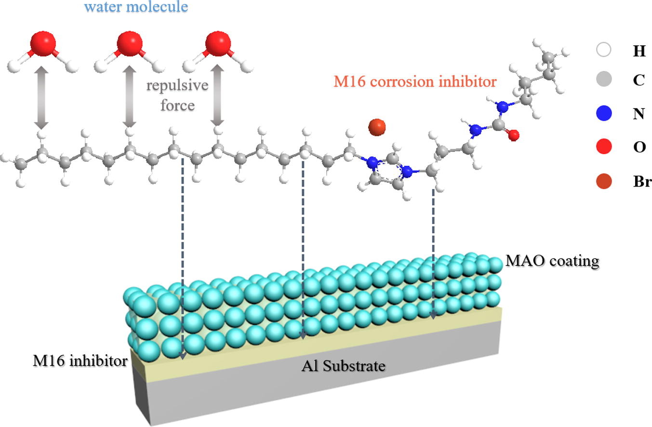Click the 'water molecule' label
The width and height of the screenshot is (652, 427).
(136, 7)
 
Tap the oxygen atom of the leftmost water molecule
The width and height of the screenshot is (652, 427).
(43, 44)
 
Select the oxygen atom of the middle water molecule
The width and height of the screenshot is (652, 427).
(130, 44)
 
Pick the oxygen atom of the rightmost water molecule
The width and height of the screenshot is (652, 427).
(218, 44)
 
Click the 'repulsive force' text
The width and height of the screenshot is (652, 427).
(177, 95)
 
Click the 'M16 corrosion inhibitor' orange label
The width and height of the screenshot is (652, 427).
(415, 81)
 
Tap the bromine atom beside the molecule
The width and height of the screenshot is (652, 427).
(377, 127)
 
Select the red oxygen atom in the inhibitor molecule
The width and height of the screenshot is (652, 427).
(514, 135)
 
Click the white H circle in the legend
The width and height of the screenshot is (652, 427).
(603, 50)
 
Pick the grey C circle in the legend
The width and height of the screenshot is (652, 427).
(603, 79)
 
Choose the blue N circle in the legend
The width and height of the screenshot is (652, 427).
(603, 113)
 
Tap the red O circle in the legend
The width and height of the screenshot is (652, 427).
(603, 147)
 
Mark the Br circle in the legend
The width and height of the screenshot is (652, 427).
(603, 181)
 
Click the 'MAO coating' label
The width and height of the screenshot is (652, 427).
(552, 261)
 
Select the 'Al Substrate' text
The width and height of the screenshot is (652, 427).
(343, 366)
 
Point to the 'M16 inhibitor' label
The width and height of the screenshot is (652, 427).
(80, 360)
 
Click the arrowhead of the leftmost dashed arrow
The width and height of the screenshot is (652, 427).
(183, 356)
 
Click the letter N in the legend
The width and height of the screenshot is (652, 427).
(639, 114)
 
